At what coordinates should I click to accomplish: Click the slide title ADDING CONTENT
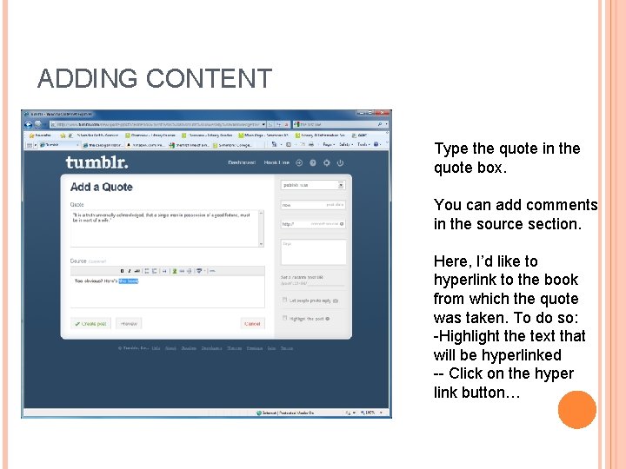pyautogui.click(x=155, y=79)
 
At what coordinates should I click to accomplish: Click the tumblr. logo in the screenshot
pyautogui.click(x=97, y=162)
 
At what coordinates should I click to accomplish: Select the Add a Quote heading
pyautogui.click(x=102, y=187)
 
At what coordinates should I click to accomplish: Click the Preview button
pyautogui.click(x=129, y=323)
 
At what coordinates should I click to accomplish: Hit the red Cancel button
pyautogui.click(x=252, y=323)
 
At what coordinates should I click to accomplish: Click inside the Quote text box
pyautogui.click(x=165, y=228)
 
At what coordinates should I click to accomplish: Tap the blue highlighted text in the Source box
pyautogui.click(x=128, y=281)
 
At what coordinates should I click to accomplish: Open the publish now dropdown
pyautogui.click(x=313, y=185)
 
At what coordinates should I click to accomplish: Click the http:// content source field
pyautogui.click(x=312, y=223)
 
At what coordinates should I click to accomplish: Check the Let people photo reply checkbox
pyautogui.click(x=284, y=300)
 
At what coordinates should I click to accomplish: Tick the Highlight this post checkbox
pyautogui.click(x=284, y=318)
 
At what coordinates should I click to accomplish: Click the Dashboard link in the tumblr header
pyautogui.click(x=241, y=162)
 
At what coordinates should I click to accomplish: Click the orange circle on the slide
pyautogui.click(x=576, y=409)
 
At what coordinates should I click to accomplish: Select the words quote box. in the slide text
pyautogui.click(x=469, y=168)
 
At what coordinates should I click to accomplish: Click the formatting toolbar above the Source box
pyautogui.click(x=165, y=270)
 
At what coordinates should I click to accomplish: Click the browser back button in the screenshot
pyautogui.click(x=29, y=122)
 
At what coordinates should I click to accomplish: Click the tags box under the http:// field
pyautogui.click(x=312, y=252)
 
